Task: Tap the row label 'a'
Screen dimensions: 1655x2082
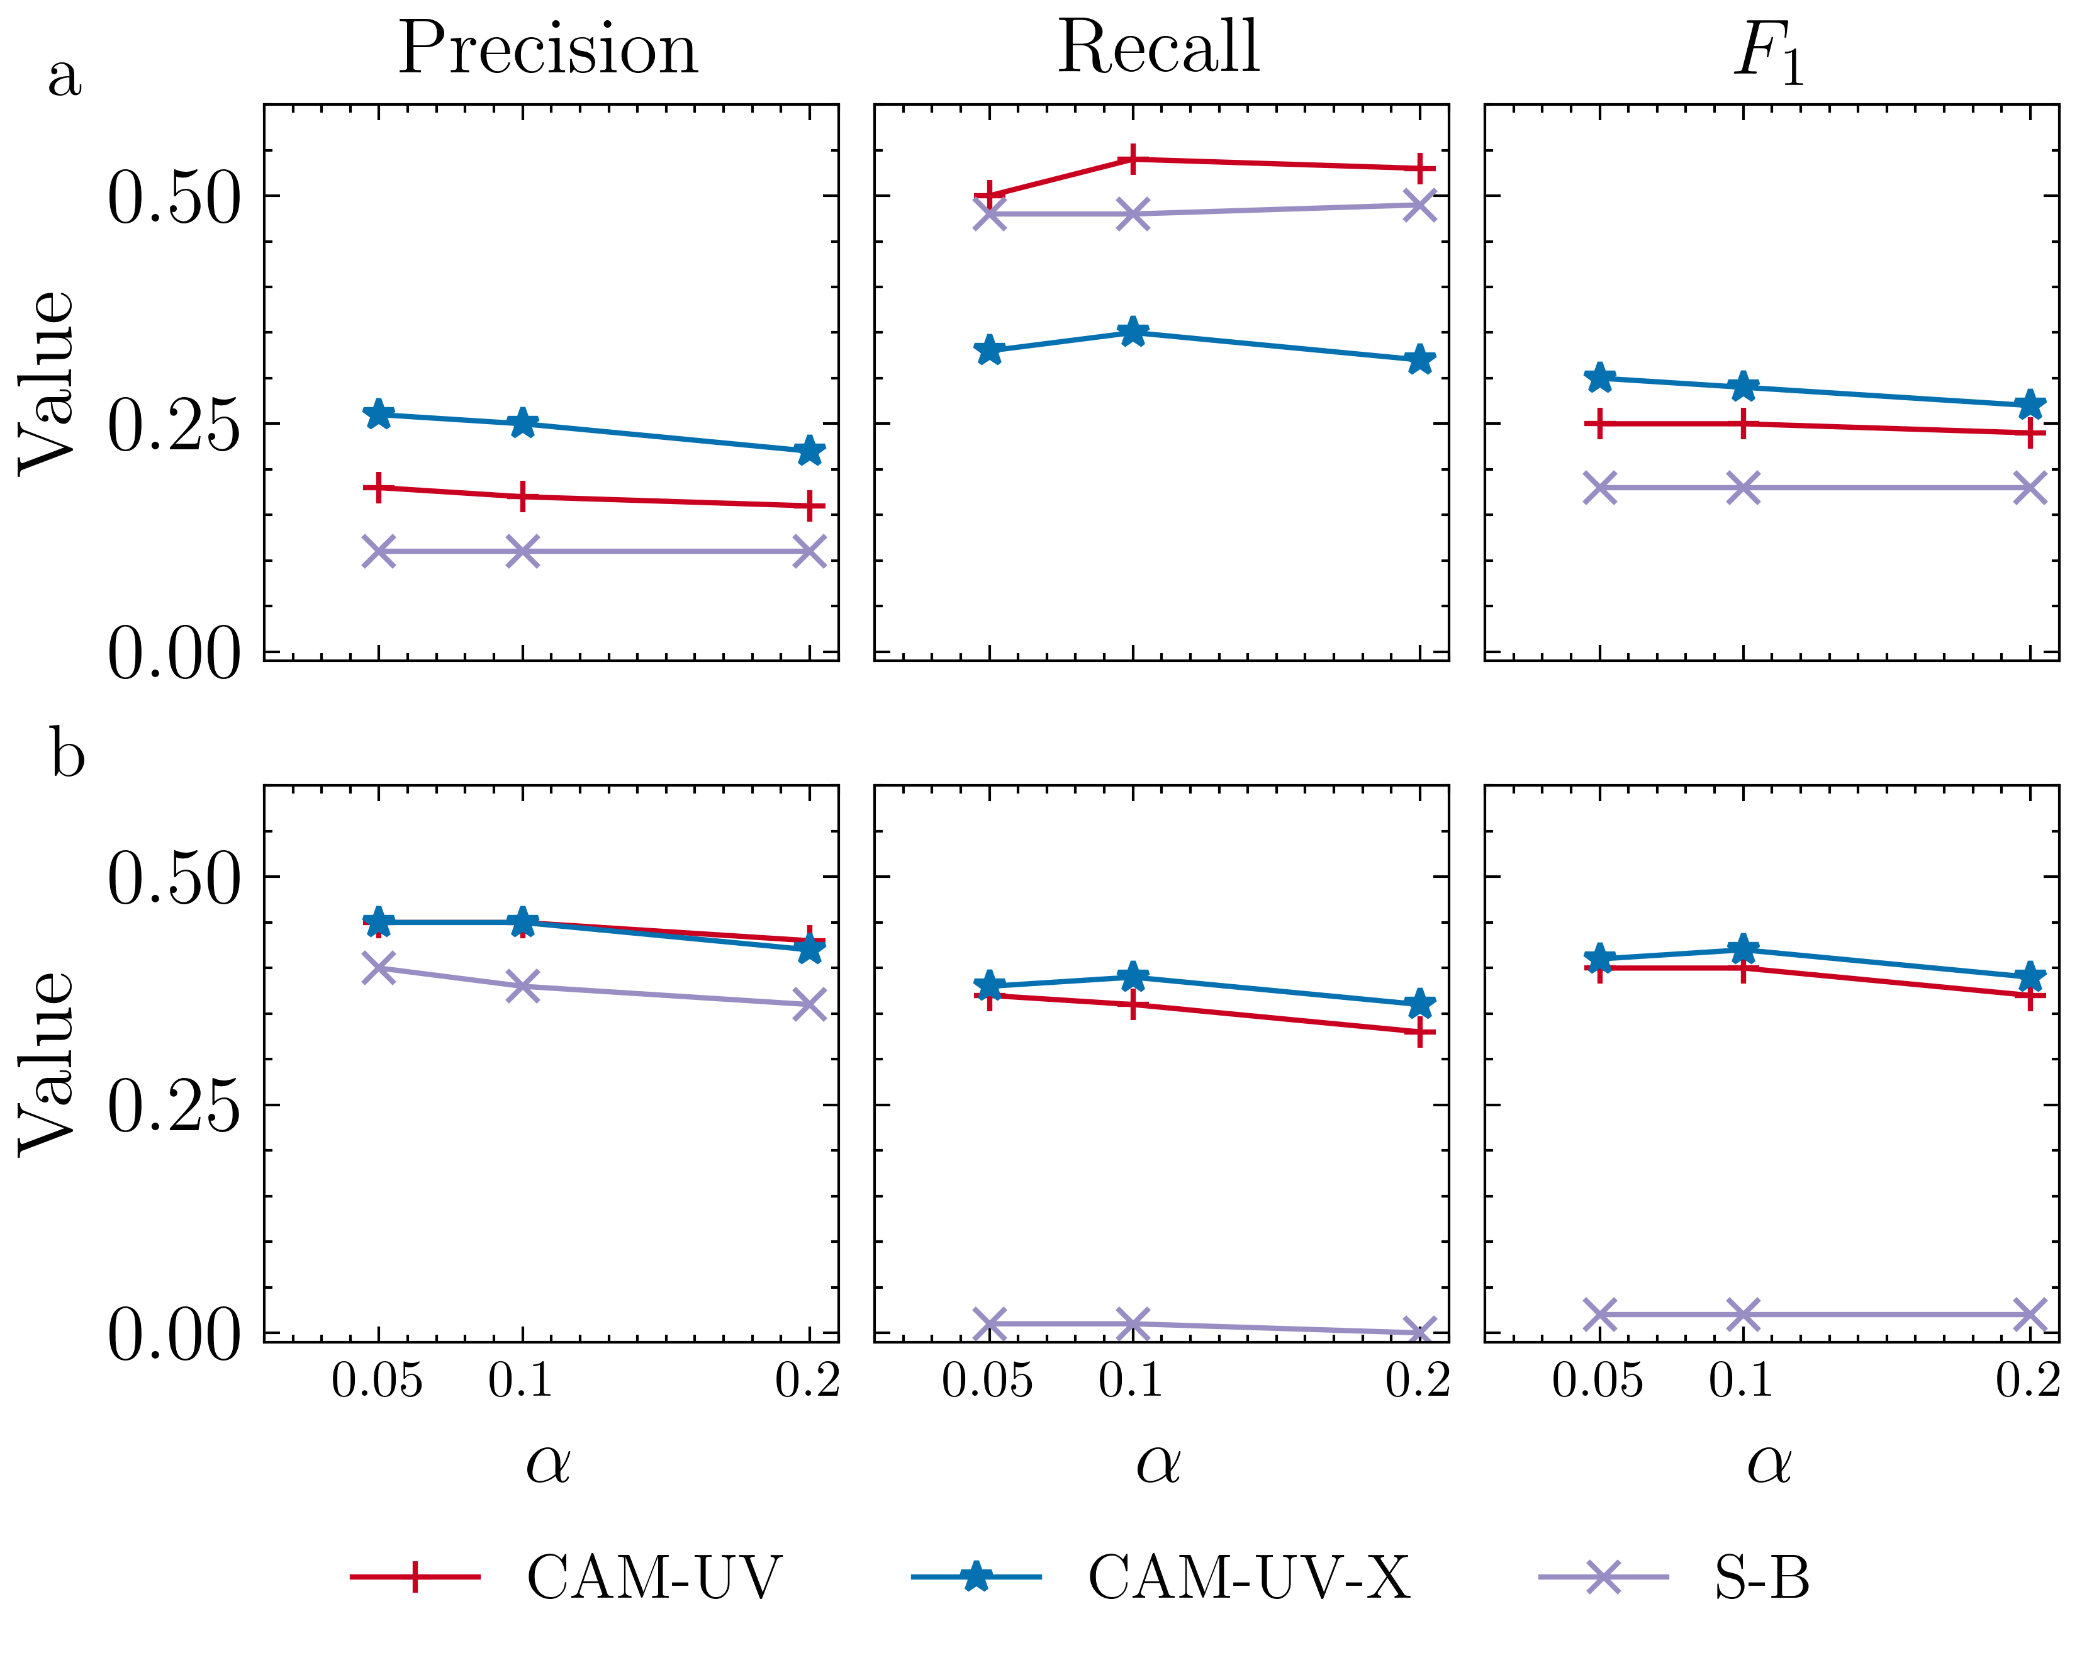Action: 65,77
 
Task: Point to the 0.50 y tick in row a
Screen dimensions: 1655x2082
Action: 174,198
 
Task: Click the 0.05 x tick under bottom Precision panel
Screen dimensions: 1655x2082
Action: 377,1381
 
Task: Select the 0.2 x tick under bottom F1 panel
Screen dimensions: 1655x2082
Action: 2027,1381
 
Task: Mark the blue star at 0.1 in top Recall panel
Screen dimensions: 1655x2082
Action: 1133,333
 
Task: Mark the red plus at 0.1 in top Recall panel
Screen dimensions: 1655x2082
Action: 1133,159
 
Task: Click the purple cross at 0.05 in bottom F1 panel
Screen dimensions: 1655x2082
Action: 1600,1314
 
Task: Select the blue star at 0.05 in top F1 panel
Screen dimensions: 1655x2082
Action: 1600,378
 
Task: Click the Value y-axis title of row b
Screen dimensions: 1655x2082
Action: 47,1062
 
